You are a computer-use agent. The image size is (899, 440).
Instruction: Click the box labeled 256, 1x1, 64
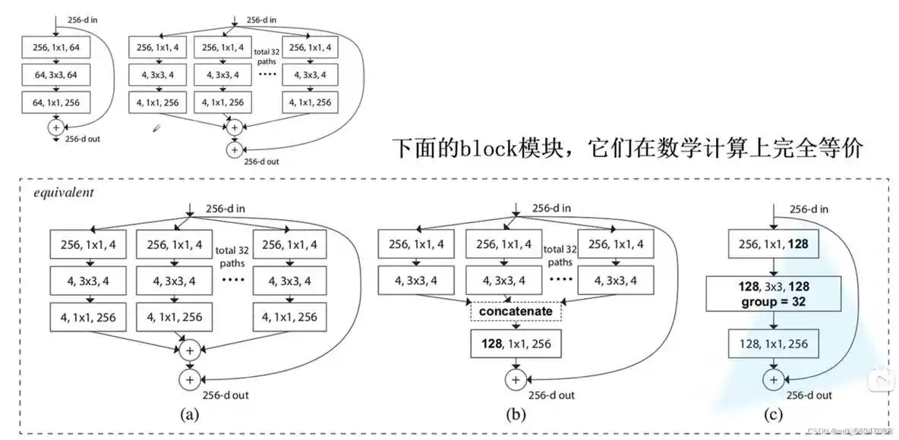coord(55,48)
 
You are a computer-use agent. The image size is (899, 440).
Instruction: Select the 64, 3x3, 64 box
coord(55,75)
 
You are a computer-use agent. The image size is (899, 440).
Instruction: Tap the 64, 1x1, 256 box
coord(55,102)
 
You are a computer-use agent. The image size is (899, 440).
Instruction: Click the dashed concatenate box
coord(516,312)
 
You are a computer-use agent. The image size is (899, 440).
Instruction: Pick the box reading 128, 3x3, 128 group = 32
coord(774,294)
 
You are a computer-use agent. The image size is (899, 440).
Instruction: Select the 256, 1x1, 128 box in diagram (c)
coord(774,244)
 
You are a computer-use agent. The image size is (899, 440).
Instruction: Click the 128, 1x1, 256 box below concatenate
coord(516,344)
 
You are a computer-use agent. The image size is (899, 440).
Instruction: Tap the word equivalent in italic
coord(64,192)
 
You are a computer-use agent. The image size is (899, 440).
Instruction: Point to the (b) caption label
coord(516,415)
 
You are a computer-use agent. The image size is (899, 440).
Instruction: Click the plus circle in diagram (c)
coord(774,378)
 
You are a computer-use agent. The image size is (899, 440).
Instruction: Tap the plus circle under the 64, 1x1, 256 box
coord(55,127)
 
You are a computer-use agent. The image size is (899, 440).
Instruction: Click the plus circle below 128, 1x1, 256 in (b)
coord(516,377)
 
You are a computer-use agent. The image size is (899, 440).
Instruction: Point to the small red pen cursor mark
coord(156,130)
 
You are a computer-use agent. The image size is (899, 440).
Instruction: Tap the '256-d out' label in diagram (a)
coord(226,394)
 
